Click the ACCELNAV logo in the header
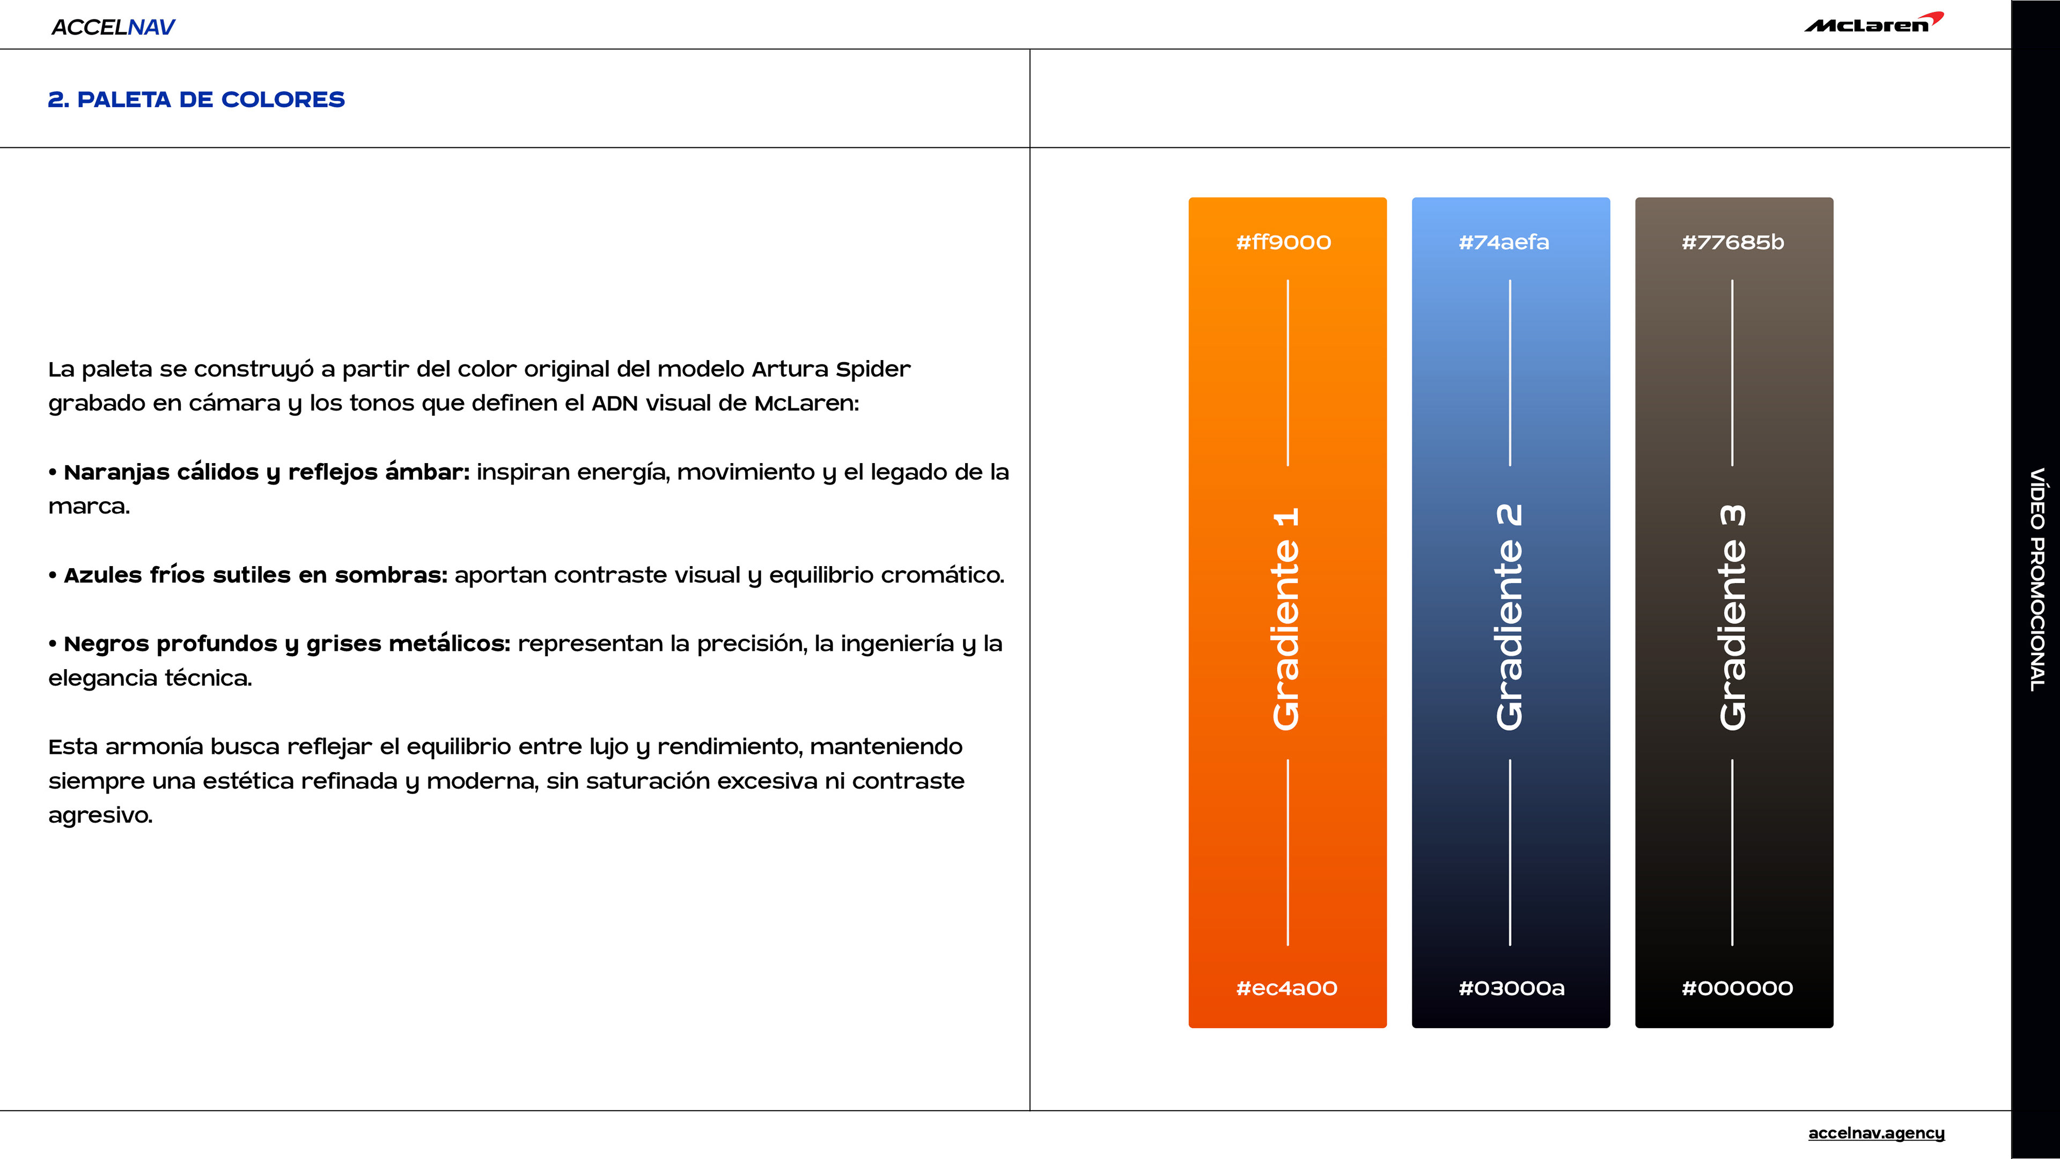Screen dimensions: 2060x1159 [x=113, y=27]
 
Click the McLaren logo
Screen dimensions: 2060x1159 [x=1873, y=23]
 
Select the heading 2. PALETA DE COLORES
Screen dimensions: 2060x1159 [x=196, y=99]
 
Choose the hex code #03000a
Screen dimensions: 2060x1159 [x=1511, y=988]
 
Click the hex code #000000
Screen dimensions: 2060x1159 [x=1737, y=988]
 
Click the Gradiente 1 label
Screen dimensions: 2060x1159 [x=1287, y=618]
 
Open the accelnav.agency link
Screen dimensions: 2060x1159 [x=1876, y=1133]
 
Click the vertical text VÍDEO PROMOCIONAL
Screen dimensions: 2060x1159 [x=2037, y=580]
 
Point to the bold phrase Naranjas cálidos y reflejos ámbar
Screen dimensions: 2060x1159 [x=266, y=472]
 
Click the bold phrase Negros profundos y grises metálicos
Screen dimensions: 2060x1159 [x=286, y=644]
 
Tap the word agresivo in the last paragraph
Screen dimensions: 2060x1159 [x=100, y=815]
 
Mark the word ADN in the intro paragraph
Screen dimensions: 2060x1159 [x=614, y=403]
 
